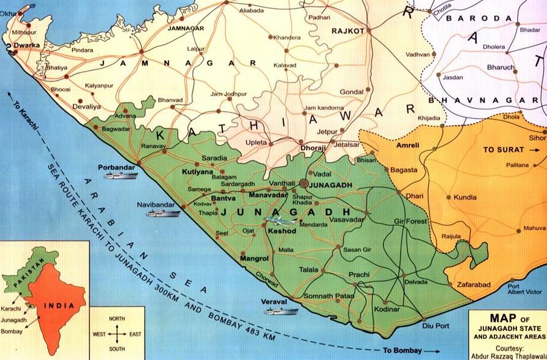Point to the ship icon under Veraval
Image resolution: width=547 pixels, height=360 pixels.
[281, 310]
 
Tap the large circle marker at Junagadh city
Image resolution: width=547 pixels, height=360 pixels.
[304, 183]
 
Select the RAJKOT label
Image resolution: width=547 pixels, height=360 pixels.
[347, 31]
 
